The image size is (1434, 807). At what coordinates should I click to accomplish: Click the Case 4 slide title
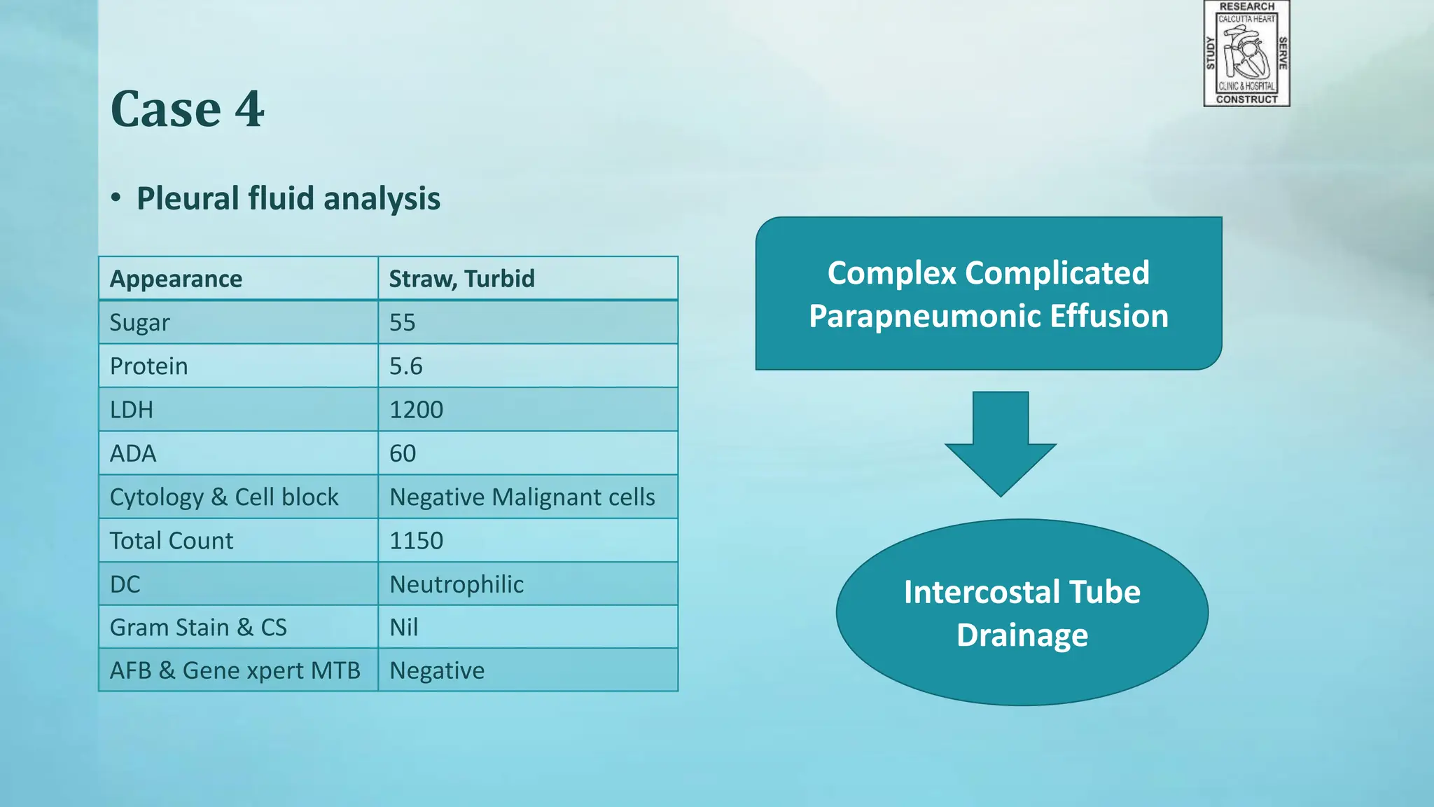187,109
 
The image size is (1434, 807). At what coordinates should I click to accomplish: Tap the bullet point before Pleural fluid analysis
116,198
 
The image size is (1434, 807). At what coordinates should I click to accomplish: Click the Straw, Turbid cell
461,279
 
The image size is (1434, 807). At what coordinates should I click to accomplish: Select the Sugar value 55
403,322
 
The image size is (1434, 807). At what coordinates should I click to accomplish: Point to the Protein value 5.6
406,366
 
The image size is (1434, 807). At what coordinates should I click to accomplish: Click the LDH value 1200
416,410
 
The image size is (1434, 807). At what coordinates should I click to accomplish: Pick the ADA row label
133,453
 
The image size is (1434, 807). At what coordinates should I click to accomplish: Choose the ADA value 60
403,453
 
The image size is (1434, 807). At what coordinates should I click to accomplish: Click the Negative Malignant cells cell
522,497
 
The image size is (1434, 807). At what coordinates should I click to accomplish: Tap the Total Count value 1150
416,541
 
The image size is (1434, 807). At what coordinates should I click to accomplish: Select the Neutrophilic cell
457,584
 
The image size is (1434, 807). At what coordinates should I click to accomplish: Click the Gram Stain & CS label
198,627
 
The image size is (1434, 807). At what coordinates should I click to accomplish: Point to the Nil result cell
404,627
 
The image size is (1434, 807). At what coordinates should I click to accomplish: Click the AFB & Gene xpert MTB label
235,670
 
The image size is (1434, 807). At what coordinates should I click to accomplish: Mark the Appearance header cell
176,279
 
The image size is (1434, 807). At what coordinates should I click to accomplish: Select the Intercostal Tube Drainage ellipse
1022,613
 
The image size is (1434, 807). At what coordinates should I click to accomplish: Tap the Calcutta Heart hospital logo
1246,53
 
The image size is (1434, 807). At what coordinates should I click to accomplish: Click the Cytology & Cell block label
224,497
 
